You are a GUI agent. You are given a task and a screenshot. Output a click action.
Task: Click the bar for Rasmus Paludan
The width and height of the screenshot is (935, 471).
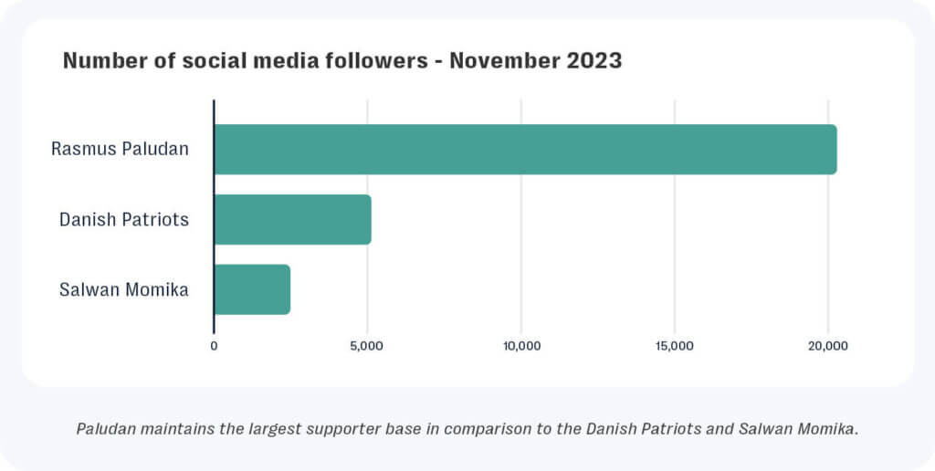click(525, 149)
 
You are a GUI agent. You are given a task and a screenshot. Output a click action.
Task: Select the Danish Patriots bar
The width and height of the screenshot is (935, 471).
click(292, 219)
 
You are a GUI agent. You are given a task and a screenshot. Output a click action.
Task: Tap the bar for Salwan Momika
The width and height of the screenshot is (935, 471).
click(252, 289)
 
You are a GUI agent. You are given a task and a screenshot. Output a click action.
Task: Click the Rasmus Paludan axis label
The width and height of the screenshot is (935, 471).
click(120, 148)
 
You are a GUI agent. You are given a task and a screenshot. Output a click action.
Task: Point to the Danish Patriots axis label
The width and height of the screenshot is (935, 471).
click(124, 219)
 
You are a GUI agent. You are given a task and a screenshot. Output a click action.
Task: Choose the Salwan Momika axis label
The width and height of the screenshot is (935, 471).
click(124, 290)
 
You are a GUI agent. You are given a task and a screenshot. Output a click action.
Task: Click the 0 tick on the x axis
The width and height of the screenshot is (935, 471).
click(214, 346)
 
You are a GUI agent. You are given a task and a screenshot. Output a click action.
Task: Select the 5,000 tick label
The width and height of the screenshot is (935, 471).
click(367, 346)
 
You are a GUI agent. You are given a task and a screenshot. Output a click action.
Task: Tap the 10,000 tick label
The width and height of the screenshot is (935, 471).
click(520, 346)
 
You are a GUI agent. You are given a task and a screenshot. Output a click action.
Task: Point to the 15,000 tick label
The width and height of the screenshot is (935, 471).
click(675, 346)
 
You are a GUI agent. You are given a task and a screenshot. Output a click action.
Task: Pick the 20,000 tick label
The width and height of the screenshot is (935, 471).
click(828, 346)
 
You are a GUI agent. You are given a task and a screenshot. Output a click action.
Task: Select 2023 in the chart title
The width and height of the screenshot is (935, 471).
click(596, 62)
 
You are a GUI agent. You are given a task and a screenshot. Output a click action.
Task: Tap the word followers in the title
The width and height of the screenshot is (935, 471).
click(376, 62)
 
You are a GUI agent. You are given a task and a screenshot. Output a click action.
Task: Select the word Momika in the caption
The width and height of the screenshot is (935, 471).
click(826, 428)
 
